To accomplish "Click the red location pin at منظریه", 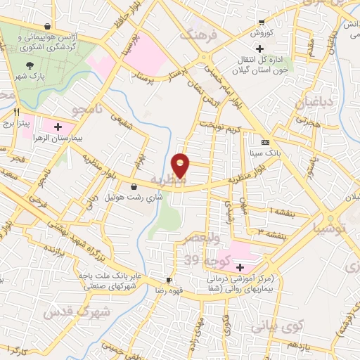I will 181,165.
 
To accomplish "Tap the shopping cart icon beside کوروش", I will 262,21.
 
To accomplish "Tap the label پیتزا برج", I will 17,122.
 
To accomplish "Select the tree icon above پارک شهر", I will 27,65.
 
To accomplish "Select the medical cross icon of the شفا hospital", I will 240,267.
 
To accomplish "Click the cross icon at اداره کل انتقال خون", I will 259,49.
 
